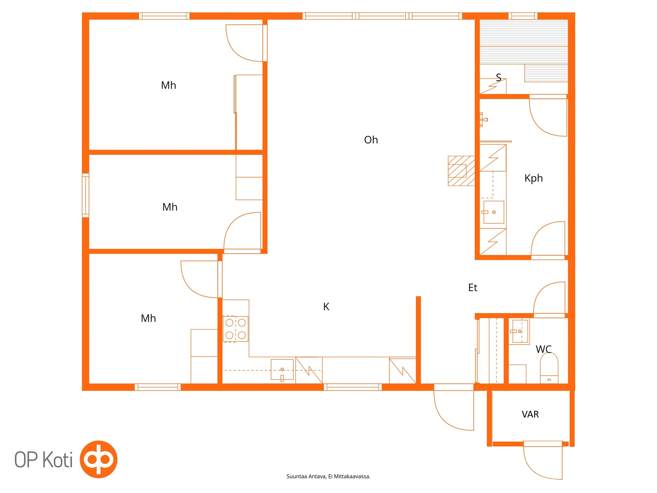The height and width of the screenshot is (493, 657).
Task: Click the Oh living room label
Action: point(371,140)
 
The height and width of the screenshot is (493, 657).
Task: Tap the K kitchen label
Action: point(326,307)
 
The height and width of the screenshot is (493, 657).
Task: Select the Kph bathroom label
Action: point(533,178)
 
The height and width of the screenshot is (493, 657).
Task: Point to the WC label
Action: point(543,349)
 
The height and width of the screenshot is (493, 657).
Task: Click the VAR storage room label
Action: point(530,414)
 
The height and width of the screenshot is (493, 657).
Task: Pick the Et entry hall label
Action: point(472,288)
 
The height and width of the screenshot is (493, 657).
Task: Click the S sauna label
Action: point(498,77)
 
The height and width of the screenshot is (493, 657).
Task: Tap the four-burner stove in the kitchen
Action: point(235,329)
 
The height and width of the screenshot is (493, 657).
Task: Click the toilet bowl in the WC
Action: point(549,368)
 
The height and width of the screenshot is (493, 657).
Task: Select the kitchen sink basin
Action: point(282,369)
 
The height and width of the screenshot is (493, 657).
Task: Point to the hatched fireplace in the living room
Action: point(461,171)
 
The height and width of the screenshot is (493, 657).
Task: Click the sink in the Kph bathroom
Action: point(494,212)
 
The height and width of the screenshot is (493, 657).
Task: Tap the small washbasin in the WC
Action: point(520,331)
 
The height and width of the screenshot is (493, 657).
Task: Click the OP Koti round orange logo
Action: point(99,459)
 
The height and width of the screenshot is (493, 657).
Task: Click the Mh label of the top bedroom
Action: point(168,85)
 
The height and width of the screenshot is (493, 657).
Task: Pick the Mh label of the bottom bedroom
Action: point(148,318)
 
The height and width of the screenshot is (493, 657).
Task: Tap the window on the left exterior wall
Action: point(86,195)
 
